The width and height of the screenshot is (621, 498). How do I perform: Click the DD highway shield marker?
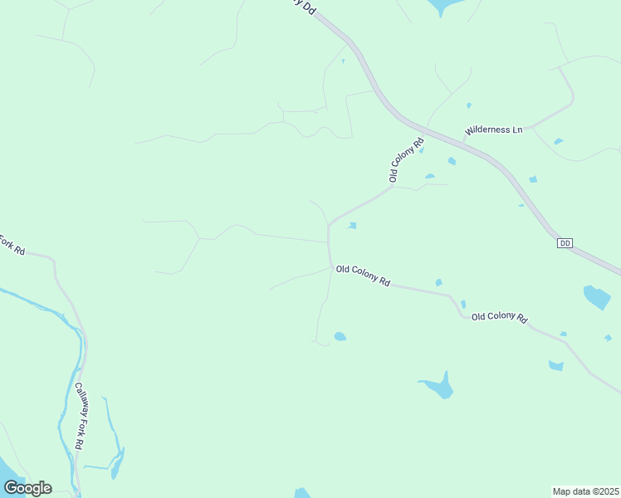click(565, 242)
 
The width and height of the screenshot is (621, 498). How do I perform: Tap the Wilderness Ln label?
click(494, 130)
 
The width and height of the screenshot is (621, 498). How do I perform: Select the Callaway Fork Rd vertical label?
click(78, 416)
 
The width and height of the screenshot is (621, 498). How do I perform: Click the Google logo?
click(27, 487)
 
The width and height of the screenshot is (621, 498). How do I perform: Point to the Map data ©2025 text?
click(585, 491)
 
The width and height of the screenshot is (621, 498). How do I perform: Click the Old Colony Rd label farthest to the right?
click(499, 317)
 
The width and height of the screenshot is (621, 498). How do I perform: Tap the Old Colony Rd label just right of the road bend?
click(363, 276)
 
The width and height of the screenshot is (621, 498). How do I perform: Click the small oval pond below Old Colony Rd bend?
click(340, 336)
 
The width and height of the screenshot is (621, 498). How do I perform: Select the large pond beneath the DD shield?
click(596, 296)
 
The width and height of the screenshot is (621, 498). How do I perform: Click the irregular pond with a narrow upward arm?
click(439, 386)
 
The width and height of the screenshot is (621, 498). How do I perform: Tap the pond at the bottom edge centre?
click(302, 493)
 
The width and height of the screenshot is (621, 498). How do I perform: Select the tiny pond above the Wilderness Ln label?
click(469, 105)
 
